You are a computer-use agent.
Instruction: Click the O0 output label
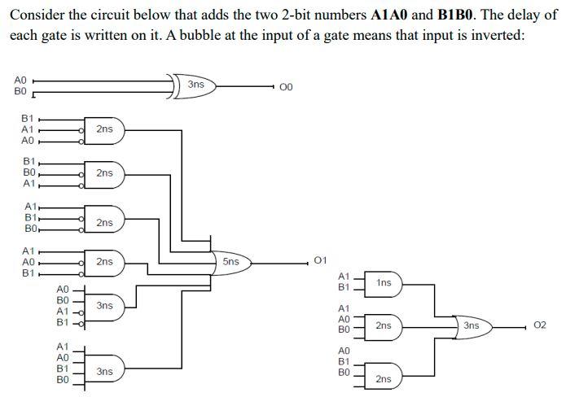[285, 87]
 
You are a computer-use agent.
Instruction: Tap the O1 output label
[319, 261]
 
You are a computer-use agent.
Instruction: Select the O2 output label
[539, 325]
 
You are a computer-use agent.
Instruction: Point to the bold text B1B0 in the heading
[457, 15]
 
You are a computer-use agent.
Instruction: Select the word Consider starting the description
[37, 15]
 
